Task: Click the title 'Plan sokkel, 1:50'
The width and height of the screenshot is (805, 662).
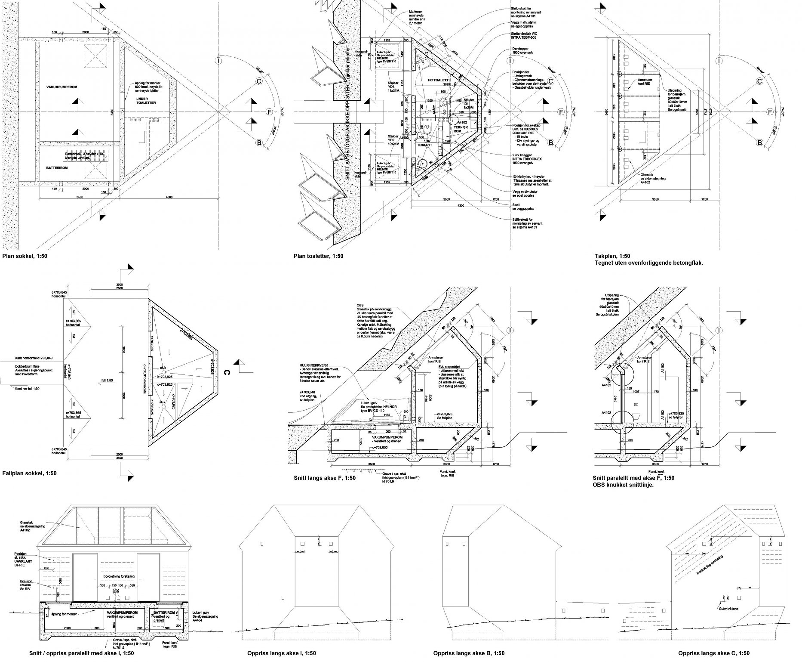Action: (25, 256)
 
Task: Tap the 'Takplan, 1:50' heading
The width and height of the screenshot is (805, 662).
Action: (612, 256)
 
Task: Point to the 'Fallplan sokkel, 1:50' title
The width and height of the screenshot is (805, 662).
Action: (29, 473)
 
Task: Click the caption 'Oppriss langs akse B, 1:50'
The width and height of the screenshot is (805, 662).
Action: (469, 653)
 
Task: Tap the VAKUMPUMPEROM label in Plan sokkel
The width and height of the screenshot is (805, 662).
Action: (61, 87)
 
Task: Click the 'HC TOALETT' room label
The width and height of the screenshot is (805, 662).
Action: (438, 80)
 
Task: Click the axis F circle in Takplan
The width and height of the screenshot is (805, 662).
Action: (770, 112)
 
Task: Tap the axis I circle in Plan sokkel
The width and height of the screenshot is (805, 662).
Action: (219, 61)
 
